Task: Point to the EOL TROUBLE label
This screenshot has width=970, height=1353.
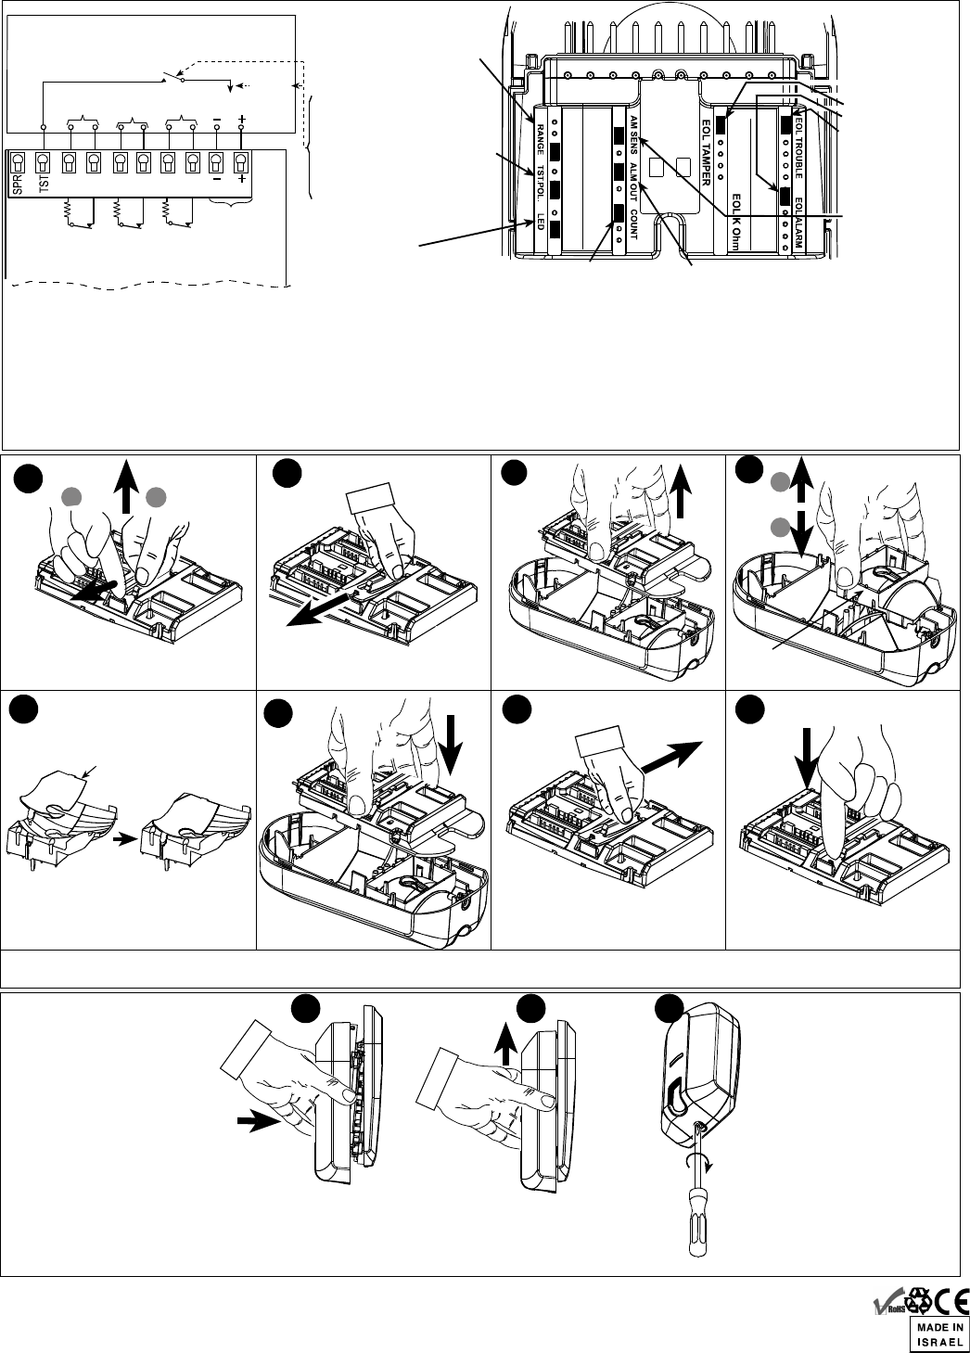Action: (798, 148)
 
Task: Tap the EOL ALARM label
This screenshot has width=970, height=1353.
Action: (798, 224)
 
